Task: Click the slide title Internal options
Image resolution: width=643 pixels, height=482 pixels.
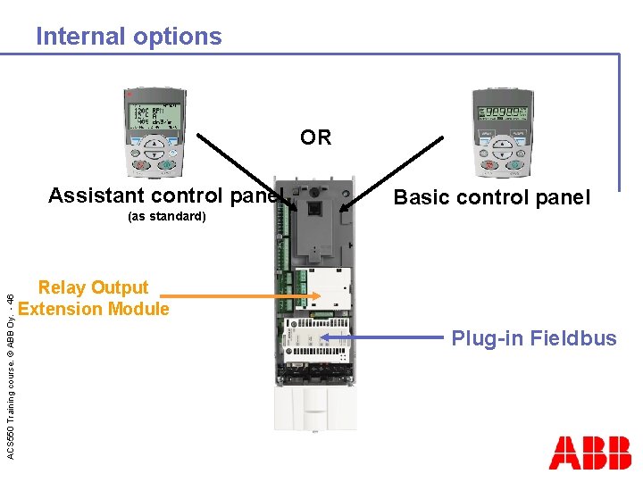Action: click(x=129, y=37)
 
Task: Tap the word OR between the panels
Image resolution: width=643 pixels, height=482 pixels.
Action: click(x=315, y=137)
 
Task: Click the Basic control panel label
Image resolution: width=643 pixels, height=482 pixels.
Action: click(x=492, y=197)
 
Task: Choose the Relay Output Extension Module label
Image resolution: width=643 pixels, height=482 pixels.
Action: click(x=94, y=298)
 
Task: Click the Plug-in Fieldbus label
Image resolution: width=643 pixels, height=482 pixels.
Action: click(x=533, y=338)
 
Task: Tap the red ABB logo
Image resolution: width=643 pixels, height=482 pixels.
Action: click(x=589, y=453)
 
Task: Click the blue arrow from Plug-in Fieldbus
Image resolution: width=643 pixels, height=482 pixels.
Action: click(x=384, y=338)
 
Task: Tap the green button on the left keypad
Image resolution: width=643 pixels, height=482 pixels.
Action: click(x=166, y=164)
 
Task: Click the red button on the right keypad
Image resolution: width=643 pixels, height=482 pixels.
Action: click(x=488, y=164)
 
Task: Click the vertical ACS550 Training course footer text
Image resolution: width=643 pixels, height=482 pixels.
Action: click(x=11, y=366)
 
